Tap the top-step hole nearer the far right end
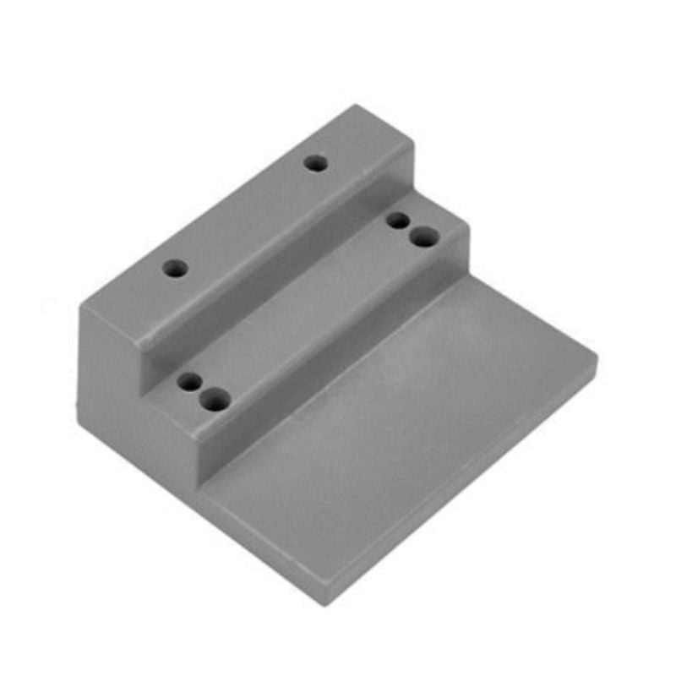[316, 163]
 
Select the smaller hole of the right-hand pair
[397, 221]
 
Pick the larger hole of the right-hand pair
[423, 237]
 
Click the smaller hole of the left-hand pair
[190, 382]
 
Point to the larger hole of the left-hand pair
[216, 400]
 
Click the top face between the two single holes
[245, 216]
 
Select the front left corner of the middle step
[201, 439]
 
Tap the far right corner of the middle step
[466, 228]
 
